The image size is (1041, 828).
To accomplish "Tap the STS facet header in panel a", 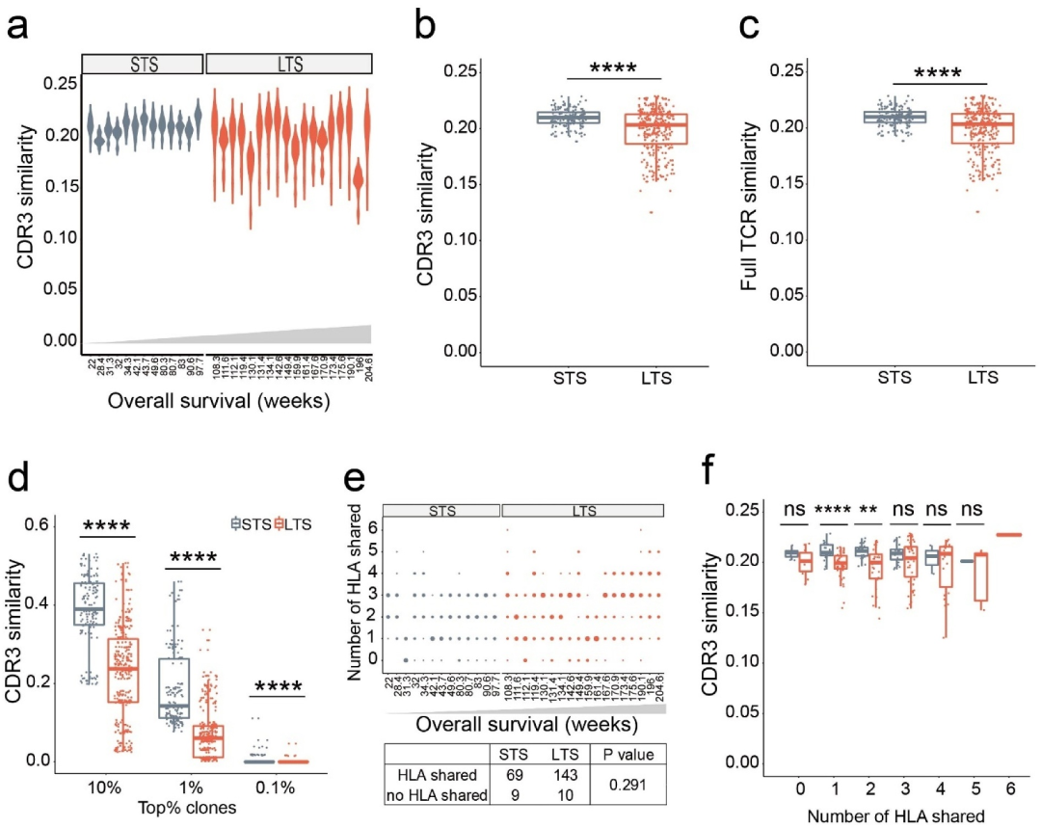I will [142, 65].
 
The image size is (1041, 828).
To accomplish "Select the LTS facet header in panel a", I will [288, 65].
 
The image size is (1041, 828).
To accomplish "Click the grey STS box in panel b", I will [568, 118].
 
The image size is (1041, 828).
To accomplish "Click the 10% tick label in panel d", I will [103, 787].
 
